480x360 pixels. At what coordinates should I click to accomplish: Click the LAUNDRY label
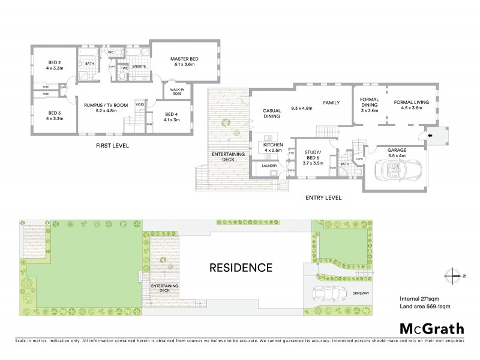[x=262, y=165]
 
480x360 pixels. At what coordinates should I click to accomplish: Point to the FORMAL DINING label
[x=368, y=104]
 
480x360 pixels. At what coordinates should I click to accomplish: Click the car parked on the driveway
[x=326, y=295]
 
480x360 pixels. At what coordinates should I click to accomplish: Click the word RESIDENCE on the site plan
[x=240, y=267]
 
